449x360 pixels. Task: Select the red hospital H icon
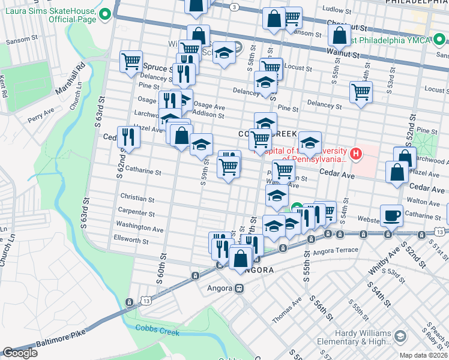(357, 155)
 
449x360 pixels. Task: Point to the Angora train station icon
(239, 288)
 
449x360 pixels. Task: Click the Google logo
(20, 353)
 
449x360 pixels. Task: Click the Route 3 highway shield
(235, 6)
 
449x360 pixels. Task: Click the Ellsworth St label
(131, 240)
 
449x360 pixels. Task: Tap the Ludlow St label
(336, 10)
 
